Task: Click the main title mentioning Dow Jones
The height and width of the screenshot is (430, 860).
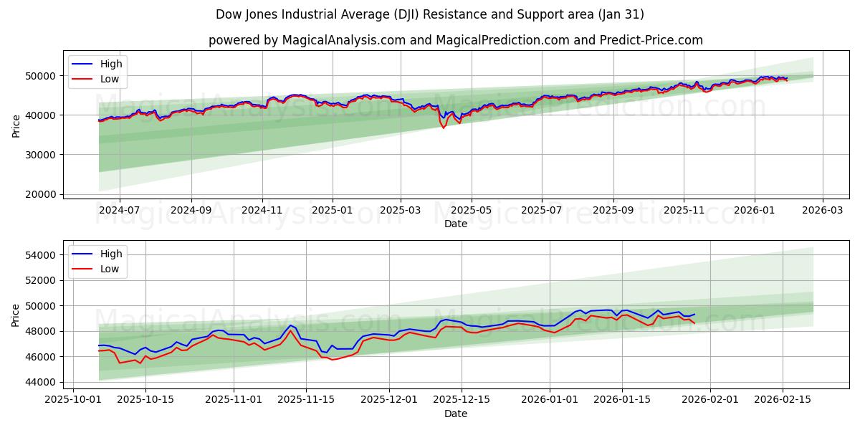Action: (429, 14)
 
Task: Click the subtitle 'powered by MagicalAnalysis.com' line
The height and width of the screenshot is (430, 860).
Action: (455, 40)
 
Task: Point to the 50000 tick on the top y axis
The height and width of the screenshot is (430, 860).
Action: (42, 75)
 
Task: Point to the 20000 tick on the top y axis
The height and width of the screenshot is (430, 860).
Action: (42, 194)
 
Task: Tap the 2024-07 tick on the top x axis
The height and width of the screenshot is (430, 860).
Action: (119, 211)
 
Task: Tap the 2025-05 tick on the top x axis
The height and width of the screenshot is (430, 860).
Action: (472, 211)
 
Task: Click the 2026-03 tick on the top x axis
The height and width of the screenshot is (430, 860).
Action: (822, 211)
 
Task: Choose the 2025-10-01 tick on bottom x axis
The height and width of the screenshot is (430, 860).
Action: (74, 400)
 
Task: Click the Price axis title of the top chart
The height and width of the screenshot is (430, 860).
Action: (16, 125)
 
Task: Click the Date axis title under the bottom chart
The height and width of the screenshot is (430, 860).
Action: (455, 414)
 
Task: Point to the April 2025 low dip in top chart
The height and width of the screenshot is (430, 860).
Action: (444, 128)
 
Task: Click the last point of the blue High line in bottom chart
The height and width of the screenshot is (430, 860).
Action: (694, 314)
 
